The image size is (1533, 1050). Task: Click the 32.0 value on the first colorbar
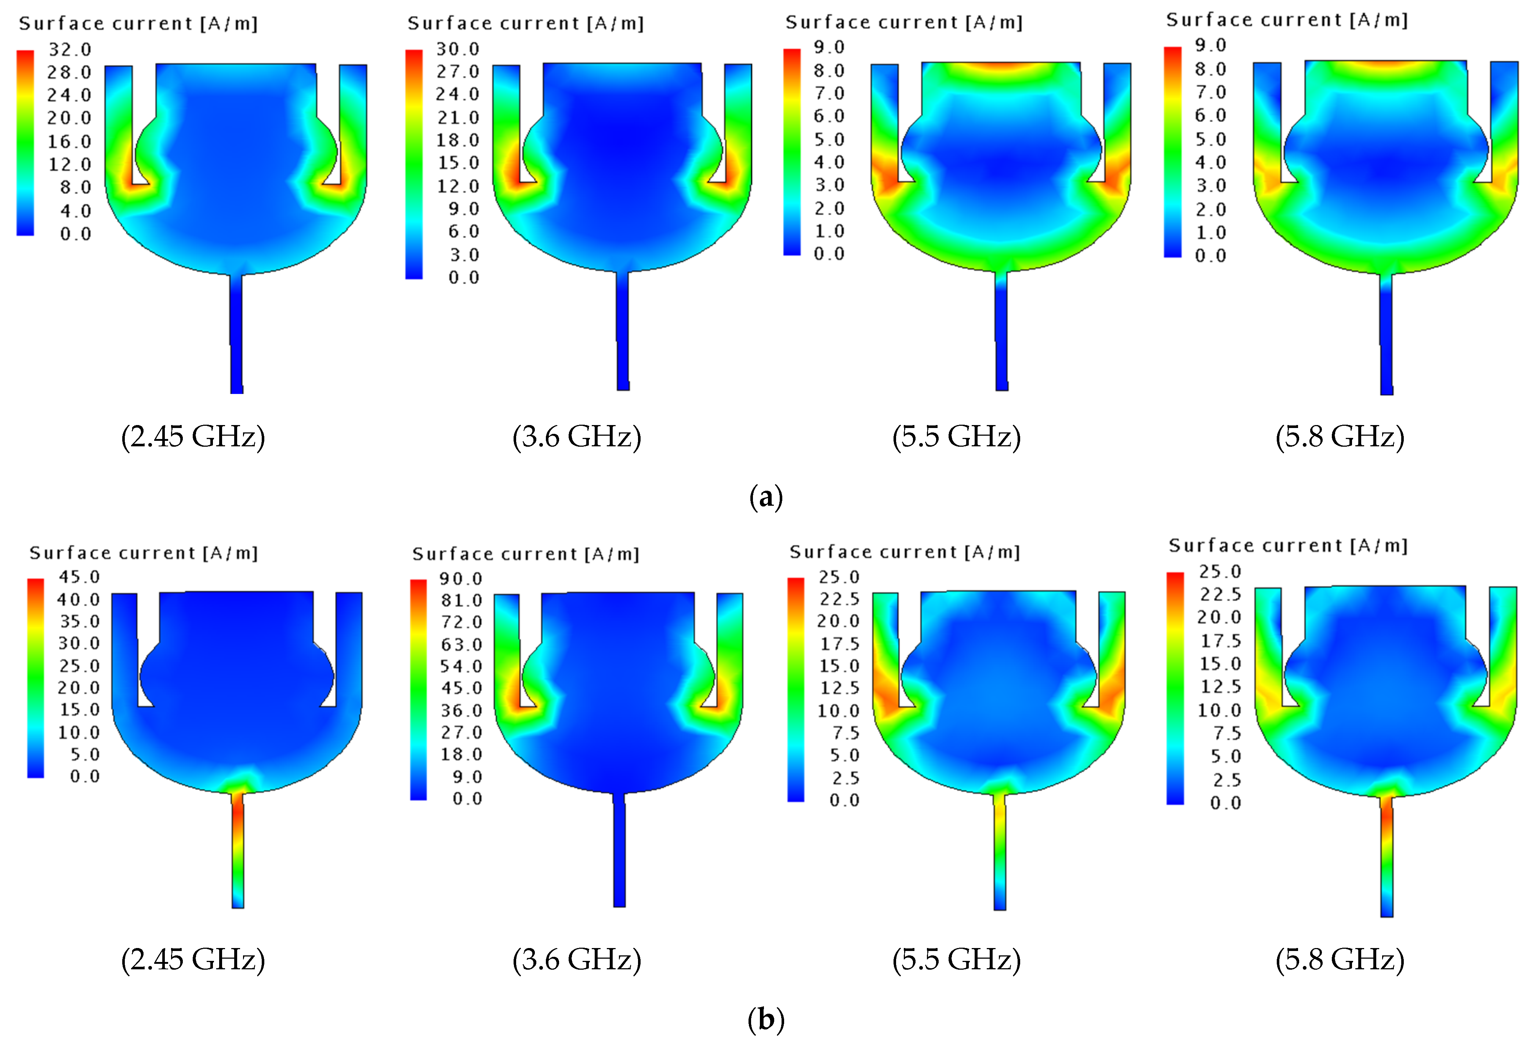tap(70, 50)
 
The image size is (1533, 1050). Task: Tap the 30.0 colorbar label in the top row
tap(458, 49)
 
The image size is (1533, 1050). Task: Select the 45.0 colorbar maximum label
tap(79, 577)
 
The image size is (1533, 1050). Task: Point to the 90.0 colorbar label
tap(461, 579)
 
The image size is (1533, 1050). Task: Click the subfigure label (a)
tap(766, 497)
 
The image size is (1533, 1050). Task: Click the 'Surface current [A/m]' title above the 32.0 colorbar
tap(138, 24)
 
